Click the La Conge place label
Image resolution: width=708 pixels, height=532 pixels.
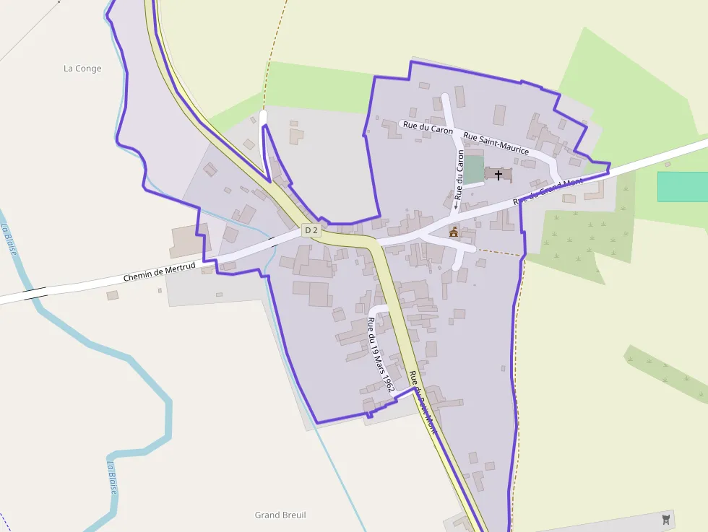pos(82,69)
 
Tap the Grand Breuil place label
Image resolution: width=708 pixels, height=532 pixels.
pos(280,515)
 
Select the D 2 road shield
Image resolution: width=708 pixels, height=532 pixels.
pos(311,230)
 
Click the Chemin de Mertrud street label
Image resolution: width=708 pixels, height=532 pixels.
pos(159,272)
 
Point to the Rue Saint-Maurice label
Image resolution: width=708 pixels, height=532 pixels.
pos(496,144)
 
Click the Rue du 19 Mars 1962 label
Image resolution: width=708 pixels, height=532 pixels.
pos(381,354)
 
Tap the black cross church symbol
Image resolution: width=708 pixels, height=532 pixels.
pos(498,175)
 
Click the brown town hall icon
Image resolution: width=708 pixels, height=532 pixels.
pos(454,231)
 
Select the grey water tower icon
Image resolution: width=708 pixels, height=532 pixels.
pos(666,519)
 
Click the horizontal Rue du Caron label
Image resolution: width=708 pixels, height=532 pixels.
pos(428,128)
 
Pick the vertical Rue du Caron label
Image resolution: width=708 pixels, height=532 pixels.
pos(459,173)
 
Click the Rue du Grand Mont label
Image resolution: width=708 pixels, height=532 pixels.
pos(547,191)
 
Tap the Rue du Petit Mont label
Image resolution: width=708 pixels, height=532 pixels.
pos(423,401)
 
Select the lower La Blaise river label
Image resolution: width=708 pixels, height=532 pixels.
pos(113,477)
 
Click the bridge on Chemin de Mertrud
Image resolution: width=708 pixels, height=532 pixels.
pos(35,292)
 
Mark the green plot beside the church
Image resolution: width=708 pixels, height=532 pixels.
pos(473,170)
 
